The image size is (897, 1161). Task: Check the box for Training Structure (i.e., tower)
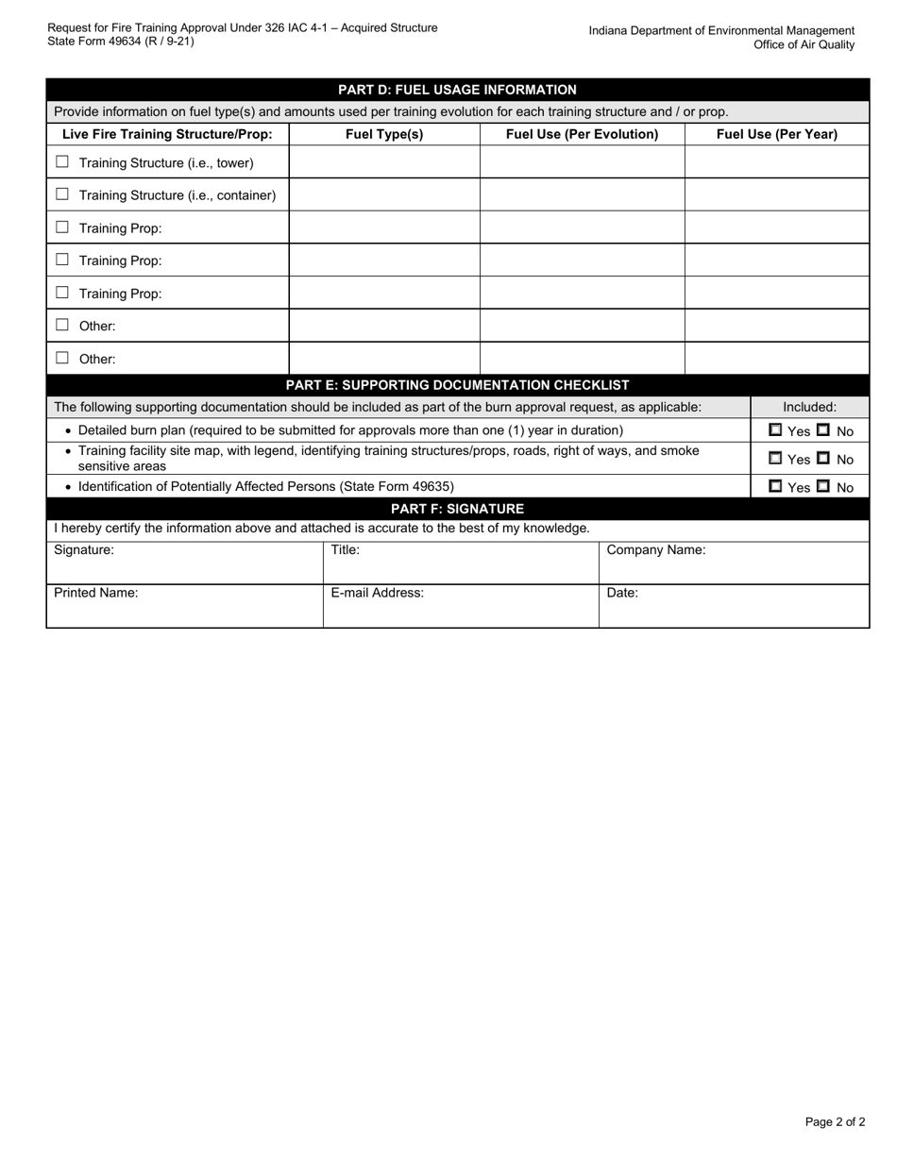pos(62,162)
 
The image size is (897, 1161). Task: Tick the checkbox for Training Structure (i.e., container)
pos(62,194)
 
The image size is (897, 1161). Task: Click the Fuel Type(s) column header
pos(384,134)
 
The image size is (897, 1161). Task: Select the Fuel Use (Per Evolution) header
pos(582,134)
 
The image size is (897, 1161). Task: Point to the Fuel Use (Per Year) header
pos(776,134)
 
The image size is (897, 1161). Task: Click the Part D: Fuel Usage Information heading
pos(457,90)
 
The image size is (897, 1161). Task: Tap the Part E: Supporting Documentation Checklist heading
pos(457,385)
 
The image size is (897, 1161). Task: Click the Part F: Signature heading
pos(457,509)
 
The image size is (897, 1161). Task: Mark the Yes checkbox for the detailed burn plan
pos(775,429)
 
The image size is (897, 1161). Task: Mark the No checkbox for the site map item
pos(823,458)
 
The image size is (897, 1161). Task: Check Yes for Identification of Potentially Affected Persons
pos(775,486)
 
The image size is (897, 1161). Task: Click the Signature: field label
pos(84,550)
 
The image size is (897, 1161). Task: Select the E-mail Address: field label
pos(377,593)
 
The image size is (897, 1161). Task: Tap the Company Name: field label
pos(655,550)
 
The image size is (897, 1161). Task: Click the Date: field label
pos(622,593)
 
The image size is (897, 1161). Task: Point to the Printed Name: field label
pos(96,593)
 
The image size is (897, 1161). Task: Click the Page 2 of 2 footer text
pos(835,1122)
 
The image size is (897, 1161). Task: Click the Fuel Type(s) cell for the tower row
pos(384,162)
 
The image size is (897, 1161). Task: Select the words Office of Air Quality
pos(804,44)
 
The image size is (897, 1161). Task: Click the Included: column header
pos(809,407)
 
